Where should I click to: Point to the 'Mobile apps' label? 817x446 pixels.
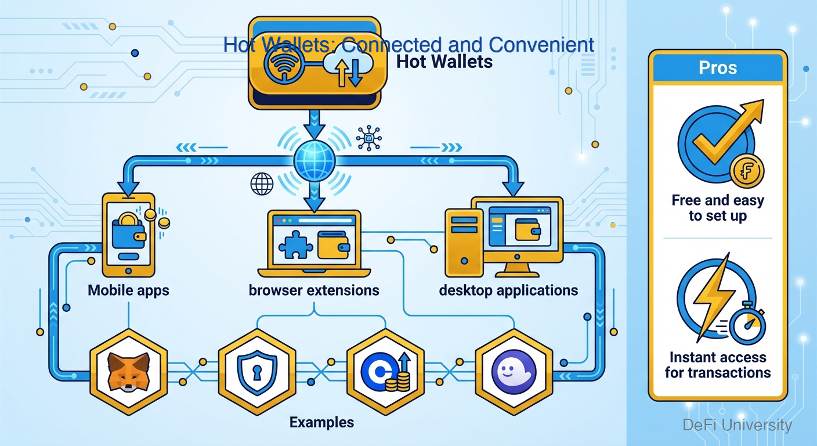click(x=128, y=290)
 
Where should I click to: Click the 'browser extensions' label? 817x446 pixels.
click(x=314, y=290)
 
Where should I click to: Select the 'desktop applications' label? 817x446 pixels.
click(x=508, y=290)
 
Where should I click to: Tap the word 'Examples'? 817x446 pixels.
click(x=321, y=422)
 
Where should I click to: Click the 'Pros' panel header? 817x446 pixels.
click(x=718, y=68)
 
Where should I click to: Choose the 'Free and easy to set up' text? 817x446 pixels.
click(x=718, y=208)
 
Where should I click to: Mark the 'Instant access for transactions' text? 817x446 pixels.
click(x=718, y=365)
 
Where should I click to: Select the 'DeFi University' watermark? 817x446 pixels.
click(x=737, y=425)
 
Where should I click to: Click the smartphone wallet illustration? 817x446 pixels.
click(x=128, y=235)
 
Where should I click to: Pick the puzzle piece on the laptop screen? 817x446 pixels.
click(x=295, y=244)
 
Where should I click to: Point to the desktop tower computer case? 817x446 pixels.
click(x=464, y=242)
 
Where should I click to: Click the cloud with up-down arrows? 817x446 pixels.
click(x=346, y=69)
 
